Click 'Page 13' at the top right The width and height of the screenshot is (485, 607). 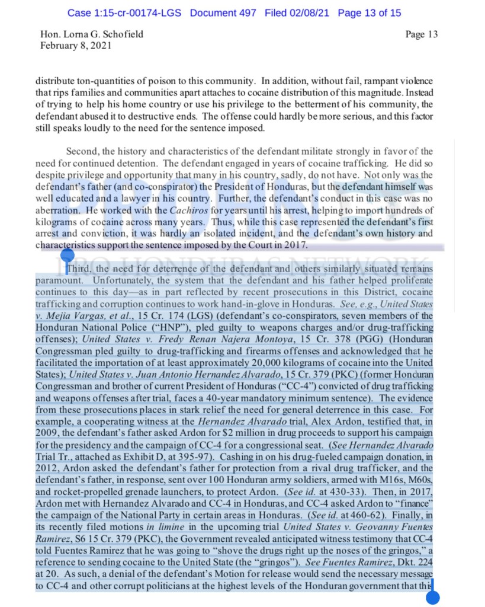[422, 34]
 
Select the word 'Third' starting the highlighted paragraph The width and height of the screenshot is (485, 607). [79, 268]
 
